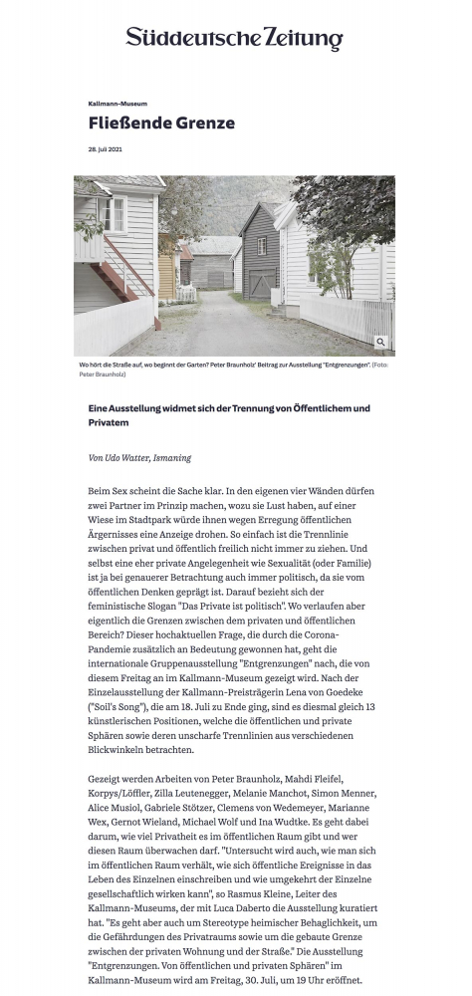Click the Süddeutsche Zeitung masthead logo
point(235,39)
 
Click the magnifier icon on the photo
point(380,342)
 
